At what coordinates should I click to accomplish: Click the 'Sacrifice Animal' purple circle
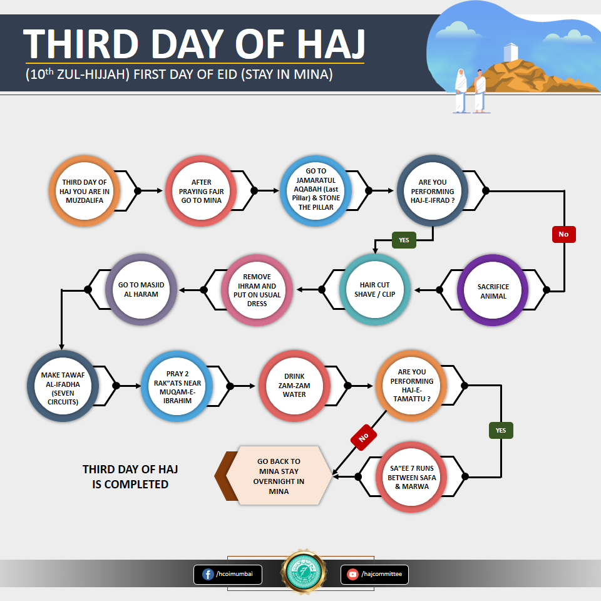tap(493, 290)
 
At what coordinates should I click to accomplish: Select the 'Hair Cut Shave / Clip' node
tap(374, 290)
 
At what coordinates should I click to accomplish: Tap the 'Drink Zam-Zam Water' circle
tap(294, 386)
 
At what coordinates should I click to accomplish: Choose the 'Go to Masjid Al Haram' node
tap(141, 289)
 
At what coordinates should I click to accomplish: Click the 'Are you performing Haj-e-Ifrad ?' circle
tap(433, 190)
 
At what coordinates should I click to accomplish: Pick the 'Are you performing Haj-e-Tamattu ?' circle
tap(412, 385)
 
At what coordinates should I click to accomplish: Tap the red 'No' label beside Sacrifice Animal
tap(564, 234)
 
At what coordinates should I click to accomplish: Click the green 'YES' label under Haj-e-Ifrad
tap(404, 240)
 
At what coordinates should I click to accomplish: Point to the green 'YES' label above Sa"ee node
tap(501, 430)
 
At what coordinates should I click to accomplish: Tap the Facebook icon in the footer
tap(208, 574)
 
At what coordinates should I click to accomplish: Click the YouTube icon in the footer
tap(352, 574)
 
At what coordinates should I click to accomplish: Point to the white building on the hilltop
tap(511, 52)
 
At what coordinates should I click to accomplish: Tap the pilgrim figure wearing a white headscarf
tap(461, 90)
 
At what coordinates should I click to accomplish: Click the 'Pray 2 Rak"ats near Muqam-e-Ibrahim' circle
tap(177, 386)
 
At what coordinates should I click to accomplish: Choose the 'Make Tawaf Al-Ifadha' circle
tap(63, 386)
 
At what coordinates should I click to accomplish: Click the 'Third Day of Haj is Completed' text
tap(130, 476)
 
